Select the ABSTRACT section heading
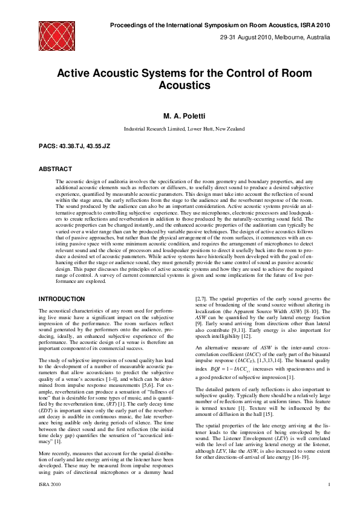(x=55, y=169)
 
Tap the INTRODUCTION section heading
(x=62, y=299)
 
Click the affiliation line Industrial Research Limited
(x=184, y=129)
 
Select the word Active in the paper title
(x=75, y=73)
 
